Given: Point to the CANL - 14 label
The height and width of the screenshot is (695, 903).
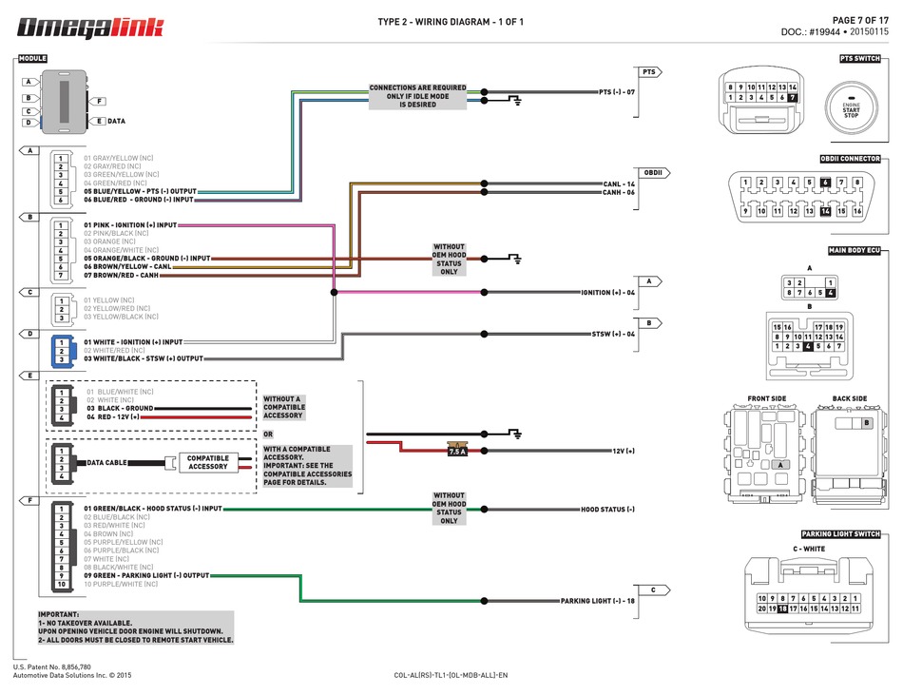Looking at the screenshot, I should pos(618,183).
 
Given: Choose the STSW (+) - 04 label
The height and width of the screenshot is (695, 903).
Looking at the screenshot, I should pos(613,334).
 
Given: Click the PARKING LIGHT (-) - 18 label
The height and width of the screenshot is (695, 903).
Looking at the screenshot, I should pos(597,601).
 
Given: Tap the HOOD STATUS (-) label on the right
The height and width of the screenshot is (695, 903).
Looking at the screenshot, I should pos(607,510).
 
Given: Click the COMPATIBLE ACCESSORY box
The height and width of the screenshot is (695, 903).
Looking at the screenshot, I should pos(207,462).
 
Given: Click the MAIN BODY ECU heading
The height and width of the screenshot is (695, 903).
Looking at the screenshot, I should pos(855,250).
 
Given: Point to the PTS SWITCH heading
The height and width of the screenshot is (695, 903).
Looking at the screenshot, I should pos(860,59).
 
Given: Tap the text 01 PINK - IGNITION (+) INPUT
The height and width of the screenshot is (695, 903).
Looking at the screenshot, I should pos(130,225).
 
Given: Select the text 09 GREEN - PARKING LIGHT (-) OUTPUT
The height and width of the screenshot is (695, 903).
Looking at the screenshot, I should pos(146,575).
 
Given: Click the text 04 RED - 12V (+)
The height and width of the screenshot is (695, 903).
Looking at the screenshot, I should pos(113,416).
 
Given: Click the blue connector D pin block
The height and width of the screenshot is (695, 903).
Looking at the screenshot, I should pos(61,351).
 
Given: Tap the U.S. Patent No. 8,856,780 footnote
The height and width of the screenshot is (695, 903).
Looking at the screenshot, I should pos(52,667).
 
